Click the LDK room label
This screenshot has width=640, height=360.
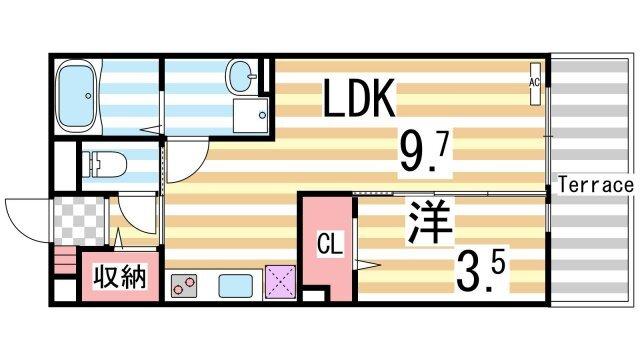click(361, 99)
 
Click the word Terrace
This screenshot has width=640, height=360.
click(596, 185)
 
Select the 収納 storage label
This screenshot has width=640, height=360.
click(120, 276)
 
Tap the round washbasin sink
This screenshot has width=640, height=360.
click(241, 73)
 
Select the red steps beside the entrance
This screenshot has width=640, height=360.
click(63, 266)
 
